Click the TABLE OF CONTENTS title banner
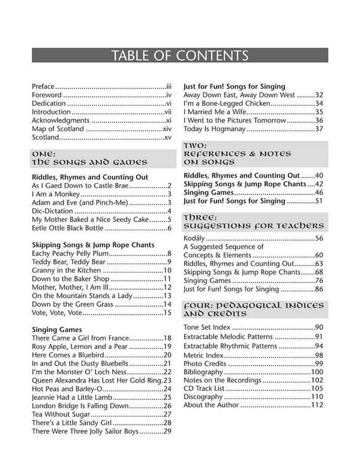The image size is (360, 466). tap(180, 56)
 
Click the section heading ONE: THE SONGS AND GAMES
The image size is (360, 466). tap(89, 158)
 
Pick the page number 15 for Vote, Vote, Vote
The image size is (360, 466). tap(168, 312)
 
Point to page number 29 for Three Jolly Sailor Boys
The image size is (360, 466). tap(168, 431)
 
